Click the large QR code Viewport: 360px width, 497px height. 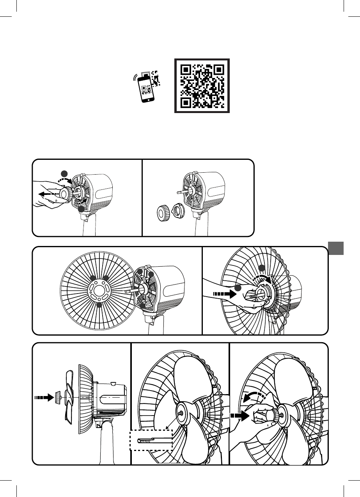point(202,86)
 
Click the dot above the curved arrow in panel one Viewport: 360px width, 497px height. point(64,174)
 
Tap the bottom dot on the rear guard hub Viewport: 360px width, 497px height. point(99,305)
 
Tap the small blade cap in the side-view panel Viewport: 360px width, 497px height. point(58,398)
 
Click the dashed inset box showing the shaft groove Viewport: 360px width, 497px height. point(151,440)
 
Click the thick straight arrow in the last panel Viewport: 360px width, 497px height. point(239,415)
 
